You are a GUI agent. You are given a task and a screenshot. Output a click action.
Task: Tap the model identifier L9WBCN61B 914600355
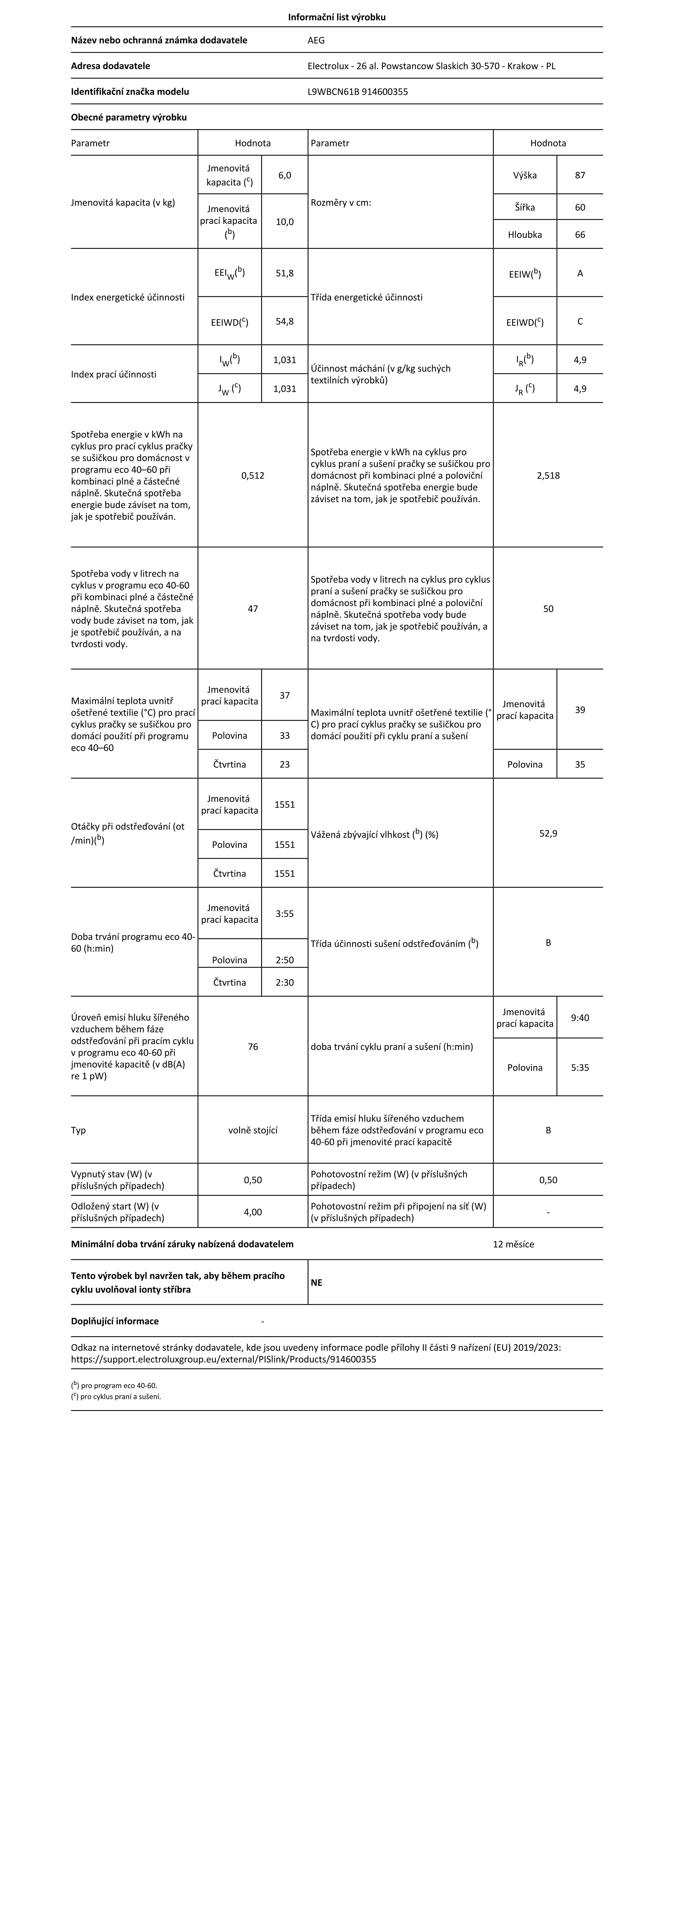357,92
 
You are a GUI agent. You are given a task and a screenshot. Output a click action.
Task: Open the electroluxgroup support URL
223,1359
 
